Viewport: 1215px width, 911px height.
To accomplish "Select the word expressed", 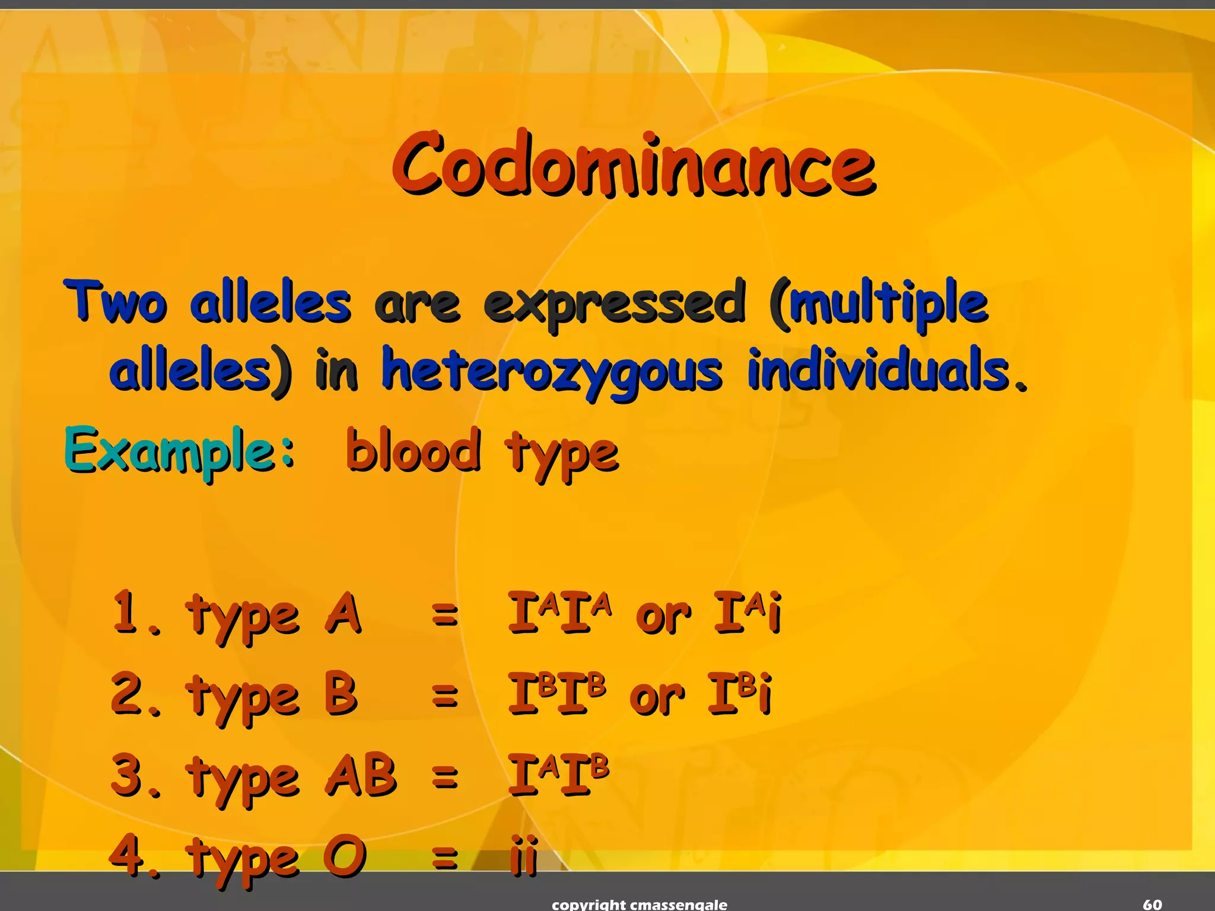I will coord(614,304).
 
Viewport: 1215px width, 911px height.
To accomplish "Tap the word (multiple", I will coord(878,304).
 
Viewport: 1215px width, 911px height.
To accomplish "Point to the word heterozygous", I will coord(552,371).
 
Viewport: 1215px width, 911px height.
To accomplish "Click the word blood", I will coord(413,451).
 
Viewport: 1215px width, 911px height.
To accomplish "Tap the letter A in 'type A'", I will coord(343,613).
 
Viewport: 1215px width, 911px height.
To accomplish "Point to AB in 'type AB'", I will coord(361,775).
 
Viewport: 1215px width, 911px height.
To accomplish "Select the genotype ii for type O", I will coord(524,855).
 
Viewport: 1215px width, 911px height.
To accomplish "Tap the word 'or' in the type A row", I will coord(663,617).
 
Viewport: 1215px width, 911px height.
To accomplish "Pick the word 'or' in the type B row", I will coord(657,697).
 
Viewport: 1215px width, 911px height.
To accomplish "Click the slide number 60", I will coord(1152,904).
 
